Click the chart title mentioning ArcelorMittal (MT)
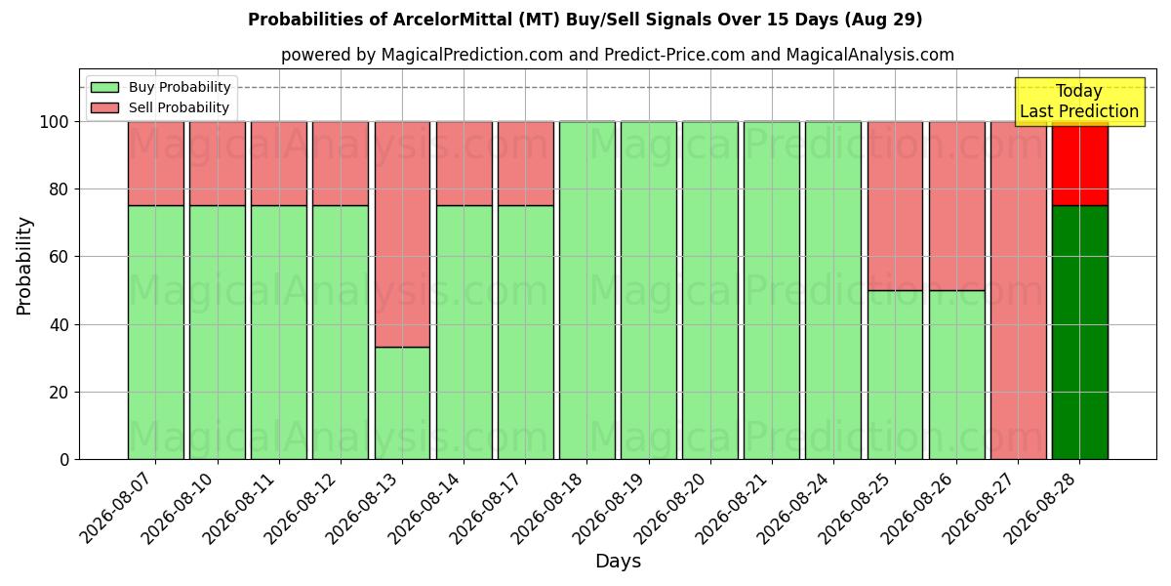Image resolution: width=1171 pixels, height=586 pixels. click(x=585, y=20)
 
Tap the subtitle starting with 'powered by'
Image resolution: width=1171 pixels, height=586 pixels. click(x=618, y=55)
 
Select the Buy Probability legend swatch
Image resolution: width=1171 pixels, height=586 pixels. click(x=104, y=87)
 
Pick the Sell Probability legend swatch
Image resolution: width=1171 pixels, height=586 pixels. click(x=104, y=107)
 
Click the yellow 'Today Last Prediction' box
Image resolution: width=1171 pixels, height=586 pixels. click(x=1080, y=102)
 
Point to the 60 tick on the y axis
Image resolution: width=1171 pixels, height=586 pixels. click(x=60, y=257)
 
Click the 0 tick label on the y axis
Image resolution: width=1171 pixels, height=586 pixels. click(x=64, y=460)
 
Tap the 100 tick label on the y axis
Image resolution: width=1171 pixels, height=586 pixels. click(x=55, y=122)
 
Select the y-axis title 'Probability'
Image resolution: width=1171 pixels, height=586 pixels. click(x=24, y=266)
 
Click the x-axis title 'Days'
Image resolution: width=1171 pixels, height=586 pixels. click(x=618, y=562)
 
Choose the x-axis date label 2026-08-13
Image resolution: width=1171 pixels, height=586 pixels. click(x=362, y=508)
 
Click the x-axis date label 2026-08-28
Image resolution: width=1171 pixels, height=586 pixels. click(x=1039, y=508)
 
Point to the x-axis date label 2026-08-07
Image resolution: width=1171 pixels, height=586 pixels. click(x=115, y=508)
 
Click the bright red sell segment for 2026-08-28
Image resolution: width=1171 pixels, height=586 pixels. click(x=1080, y=164)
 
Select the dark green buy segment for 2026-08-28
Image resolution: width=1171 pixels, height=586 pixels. click(x=1080, y=333)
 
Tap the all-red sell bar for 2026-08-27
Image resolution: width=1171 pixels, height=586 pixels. click(x=1019, y=290)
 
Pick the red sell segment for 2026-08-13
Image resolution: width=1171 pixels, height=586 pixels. click(x=402, y=234)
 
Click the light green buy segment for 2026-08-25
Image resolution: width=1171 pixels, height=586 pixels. click(x=895, y=375)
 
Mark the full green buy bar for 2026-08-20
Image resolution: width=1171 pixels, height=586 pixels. click(x=710, y=290)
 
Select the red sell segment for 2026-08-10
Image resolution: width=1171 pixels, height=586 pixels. click(x=218, y=164)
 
